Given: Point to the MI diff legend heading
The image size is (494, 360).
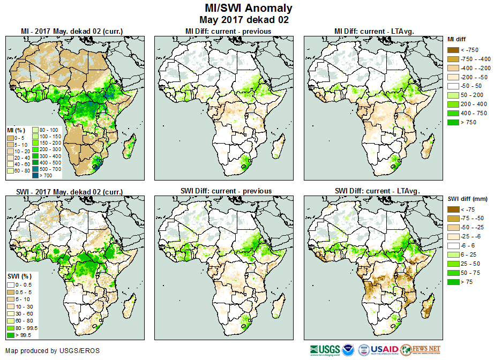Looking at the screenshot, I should point(458,39).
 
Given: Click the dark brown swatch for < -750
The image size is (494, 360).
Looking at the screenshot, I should point(453,49).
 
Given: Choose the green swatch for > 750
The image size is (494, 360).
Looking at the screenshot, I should point(453,122).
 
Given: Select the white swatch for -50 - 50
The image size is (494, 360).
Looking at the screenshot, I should point(453,86).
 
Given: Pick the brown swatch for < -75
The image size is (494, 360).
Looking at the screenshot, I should point(453,209).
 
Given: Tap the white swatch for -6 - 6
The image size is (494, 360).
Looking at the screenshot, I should point(453,246).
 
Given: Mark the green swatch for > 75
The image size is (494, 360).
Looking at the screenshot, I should point(453,282).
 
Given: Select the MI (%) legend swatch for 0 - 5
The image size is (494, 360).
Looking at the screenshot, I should point(10,138).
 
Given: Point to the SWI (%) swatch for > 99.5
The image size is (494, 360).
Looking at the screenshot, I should point(10,335).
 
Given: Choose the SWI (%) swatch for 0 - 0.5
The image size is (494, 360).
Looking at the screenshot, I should point(10,284).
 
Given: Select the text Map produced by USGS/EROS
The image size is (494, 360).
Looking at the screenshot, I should point(53,351).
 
